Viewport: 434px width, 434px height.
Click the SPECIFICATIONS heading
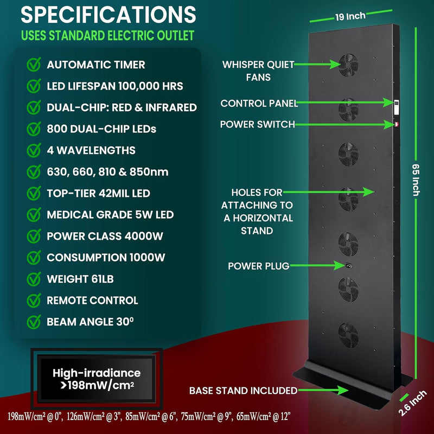[x=108, y=15]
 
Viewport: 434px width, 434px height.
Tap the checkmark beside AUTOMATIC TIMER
[x=34, y=64]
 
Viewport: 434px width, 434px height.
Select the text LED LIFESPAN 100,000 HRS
[x=115, y=86]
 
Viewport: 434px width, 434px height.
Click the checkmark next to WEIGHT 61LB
[x=34, y=279]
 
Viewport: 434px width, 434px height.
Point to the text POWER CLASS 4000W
[x=105, y=236]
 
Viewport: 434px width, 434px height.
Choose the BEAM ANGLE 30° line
[x=90, y=322]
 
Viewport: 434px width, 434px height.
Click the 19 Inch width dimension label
[x=350, y=17]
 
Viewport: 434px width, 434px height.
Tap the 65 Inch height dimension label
[x=416, y=180]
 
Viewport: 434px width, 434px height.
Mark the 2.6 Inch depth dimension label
[x=412, y=403]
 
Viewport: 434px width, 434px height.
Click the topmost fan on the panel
[x=348, y=65]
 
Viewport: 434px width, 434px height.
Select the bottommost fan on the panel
[x=348, y=335]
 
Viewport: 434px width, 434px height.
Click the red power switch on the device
[x=397, y=125]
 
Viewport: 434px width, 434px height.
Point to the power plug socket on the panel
[x=348, y=266]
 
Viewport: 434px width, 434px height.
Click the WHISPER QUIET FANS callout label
[x=258, y=71]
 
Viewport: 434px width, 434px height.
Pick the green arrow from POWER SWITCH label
[x=345, y=125]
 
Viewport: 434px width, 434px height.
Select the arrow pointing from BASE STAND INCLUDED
[x=323, y=390]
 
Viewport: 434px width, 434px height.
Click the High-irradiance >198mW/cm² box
[x=97, y=379]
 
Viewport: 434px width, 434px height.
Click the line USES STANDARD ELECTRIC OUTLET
[x=107, y=35]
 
